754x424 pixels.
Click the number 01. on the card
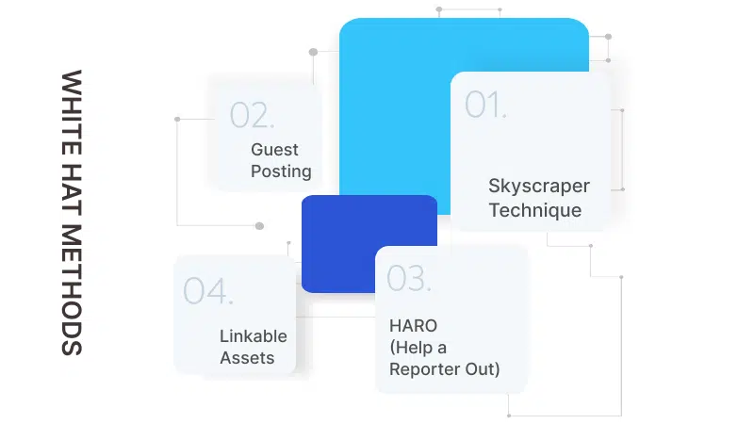point(485,104)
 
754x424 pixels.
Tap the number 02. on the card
point(252,115)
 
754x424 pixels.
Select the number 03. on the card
point(409,278)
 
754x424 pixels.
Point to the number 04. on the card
point(207,291)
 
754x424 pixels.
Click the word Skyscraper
point(539,186)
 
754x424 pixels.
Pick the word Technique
point(534,210)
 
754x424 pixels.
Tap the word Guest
point(274,149)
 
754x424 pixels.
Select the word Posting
point(281,171)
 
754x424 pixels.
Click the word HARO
point(412,325)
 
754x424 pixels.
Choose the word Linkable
point(254,335)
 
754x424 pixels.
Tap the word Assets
point(247,358)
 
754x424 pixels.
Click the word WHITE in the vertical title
point(72,105)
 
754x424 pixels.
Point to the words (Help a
point(418,347)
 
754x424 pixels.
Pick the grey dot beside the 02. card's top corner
point(314,53)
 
